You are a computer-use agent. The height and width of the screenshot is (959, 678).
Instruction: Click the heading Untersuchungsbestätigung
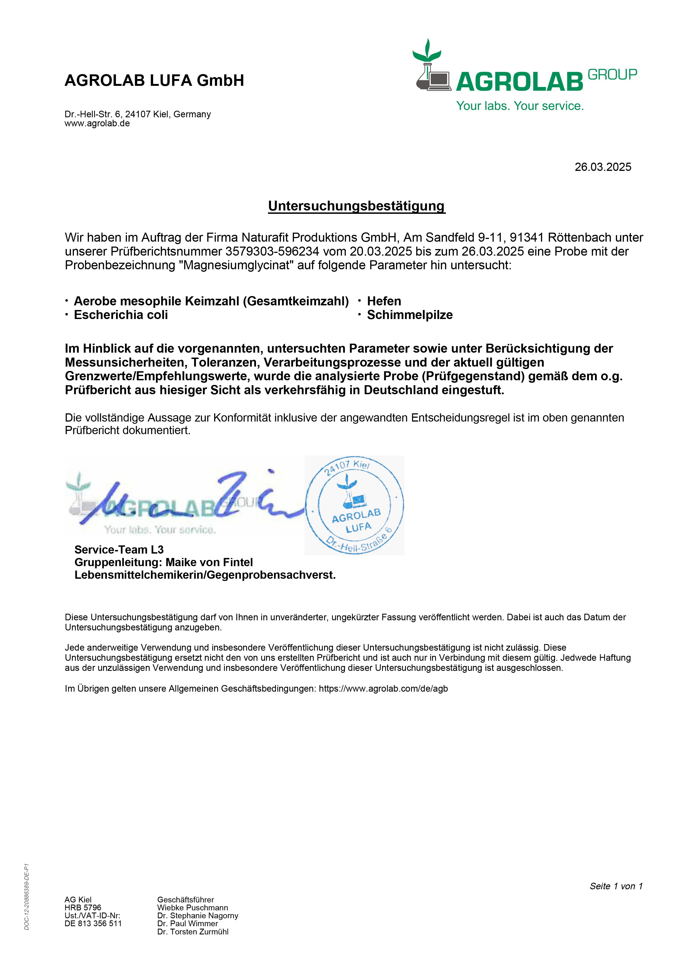coord(356,206)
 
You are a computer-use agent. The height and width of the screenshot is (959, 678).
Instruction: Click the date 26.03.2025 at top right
coord(603,167)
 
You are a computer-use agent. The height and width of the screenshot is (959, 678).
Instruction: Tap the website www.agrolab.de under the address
coord(97,124)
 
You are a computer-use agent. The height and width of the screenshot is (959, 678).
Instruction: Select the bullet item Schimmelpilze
coord(409,315)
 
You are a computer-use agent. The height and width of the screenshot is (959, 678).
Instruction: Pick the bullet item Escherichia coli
coord(121,315)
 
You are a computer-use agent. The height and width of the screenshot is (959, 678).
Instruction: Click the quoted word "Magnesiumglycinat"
coord(237,265)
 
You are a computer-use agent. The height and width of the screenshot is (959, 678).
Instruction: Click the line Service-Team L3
coord(119,550)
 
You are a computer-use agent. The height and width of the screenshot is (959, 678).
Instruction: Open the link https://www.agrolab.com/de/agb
coord(383,689)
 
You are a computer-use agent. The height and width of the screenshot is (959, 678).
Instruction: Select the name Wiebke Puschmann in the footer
coord(192,908)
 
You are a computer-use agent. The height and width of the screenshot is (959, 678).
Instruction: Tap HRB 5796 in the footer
coord(83,908)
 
